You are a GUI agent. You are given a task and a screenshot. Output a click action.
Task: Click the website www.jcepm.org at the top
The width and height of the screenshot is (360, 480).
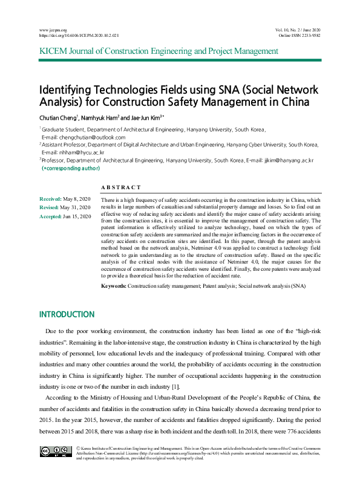pos(53,30)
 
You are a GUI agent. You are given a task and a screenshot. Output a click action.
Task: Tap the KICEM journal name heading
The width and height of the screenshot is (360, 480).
pos(159,51)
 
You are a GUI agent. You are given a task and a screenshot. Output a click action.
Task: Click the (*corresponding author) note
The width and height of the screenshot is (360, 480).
pos(70,168)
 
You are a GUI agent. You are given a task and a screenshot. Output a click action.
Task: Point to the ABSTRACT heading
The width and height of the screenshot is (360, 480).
pos(121,188)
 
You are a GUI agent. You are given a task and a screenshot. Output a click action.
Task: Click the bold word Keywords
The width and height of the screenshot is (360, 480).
pos(113,285)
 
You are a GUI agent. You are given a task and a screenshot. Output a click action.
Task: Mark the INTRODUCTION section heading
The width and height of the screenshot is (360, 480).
pos(67,314)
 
